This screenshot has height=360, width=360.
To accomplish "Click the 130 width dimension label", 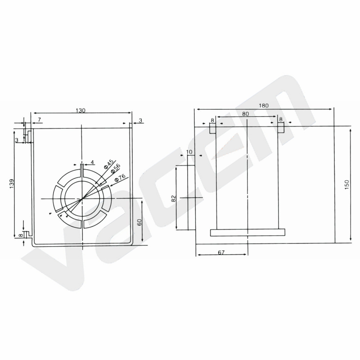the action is pos(81,110).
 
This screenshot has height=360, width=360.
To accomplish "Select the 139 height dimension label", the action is pos(12,184).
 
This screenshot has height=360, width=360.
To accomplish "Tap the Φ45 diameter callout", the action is pos(108,164).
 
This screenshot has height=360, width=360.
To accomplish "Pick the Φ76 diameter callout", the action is pos(120,177).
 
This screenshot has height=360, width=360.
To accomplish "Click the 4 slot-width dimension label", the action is pos(92,162).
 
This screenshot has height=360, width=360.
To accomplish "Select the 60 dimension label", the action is pos(139,222).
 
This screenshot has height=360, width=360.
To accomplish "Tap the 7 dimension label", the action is pos(39,120).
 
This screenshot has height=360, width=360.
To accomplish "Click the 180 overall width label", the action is pos(264,106).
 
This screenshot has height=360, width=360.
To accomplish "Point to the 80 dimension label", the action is pos(245,114).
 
